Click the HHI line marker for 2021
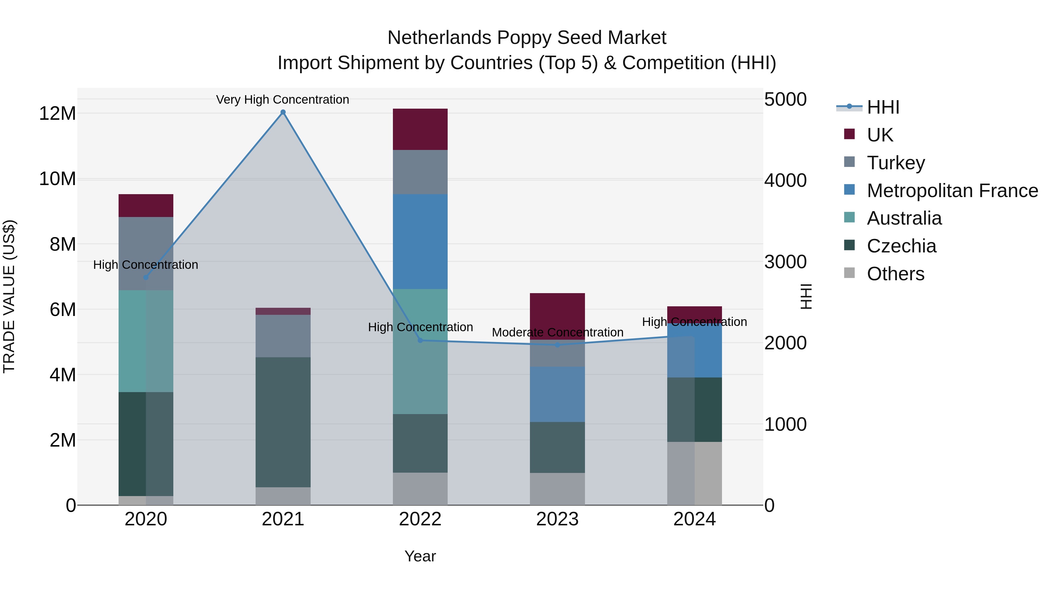(283, 112)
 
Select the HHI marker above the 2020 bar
(146, 278)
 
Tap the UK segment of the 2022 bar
(420, 129)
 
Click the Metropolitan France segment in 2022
(420, 242)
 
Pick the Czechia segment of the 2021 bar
(283, 421)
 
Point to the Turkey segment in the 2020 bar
(146, 253)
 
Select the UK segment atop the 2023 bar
(557, 316)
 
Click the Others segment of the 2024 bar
(694, 473)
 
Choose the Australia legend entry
(904, 218)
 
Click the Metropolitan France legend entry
(952, 191)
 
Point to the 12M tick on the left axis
(57, 113)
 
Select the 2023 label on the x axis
(557, 519)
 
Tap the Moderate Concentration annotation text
(557, 332)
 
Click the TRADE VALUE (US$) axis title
(9, 296)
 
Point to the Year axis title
(420, 556)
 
